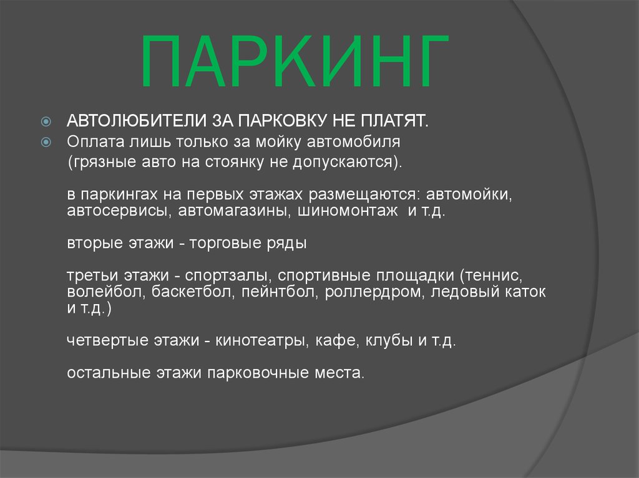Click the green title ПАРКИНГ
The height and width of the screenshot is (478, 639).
pos(295,63)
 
